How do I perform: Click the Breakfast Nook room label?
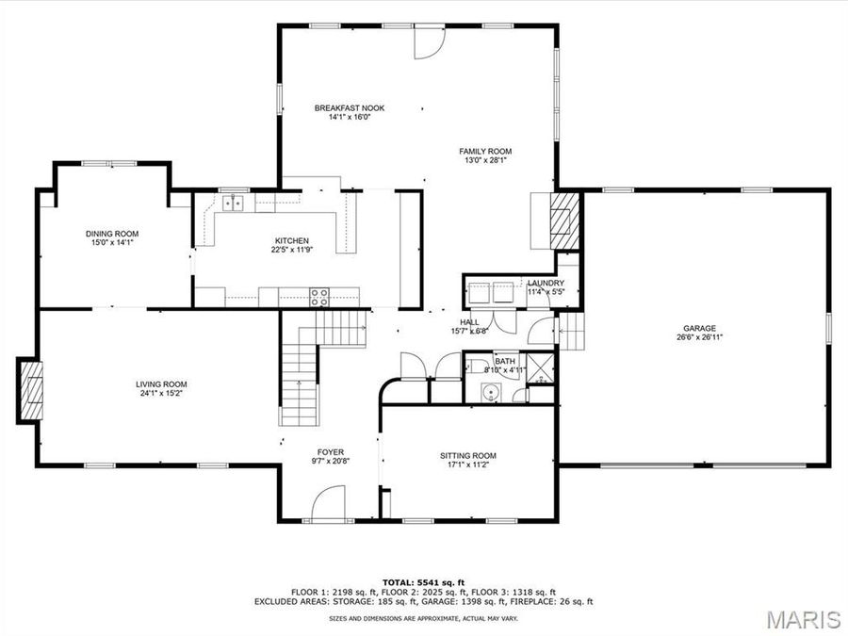point(350,108)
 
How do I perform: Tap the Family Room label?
point(485,151)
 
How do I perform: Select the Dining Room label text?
point(112,234)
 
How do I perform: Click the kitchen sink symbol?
point(233,203)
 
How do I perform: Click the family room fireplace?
point(562,220)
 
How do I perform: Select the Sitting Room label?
point(467,456)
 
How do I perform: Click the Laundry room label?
point(546,283)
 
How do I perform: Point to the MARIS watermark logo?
point(802,619)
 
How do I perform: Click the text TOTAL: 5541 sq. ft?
point(423,581)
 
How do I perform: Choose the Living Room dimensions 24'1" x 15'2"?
point(161,394)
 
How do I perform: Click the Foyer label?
point(330,452)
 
